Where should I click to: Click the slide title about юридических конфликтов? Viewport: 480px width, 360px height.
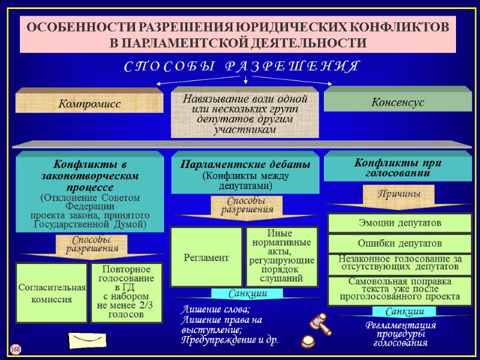click(238, 35)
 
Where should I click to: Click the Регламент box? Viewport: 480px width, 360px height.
click(206, 257)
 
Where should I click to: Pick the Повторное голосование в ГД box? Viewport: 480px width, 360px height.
click(126, 293)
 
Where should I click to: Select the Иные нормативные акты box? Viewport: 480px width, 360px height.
click(281, 257)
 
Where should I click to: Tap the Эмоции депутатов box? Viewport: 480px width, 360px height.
click(399, 223)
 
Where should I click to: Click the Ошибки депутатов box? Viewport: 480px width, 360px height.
click(399, 244)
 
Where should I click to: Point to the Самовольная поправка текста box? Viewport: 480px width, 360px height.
click(399, 289)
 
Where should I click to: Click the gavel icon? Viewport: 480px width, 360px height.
click(319, 323)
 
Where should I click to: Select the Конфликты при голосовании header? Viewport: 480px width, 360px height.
click(397, 167)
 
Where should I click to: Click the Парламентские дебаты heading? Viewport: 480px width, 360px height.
click(245, 164)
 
